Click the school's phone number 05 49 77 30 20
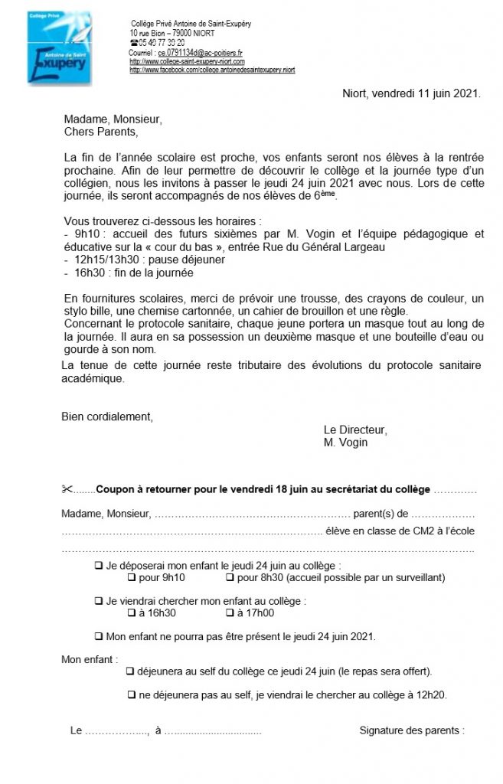pyautogui.click(x=156, y=43)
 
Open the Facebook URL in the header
pyautogui.click(x=212, y=70)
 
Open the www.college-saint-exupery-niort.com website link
pyautogui.click(x=187, y=61)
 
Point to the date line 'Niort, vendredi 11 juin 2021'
pyautogui.click(x=411, y=94)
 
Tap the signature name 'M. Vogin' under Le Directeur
pyautogui.click(x=346, y=443)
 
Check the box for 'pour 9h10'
pyautogui.click(x=131, y=577)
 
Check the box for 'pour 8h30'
pyautogui.click(x=230, y=577)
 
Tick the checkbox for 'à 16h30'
pyautogui.click(x=131, y=613)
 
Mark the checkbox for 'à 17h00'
pyautogui.click(x=230, y=613)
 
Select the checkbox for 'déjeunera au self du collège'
pyautogui.click(x=129, y=671)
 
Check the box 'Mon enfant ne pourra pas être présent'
pyautogui.click(x=98, y=636)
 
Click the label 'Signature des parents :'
pyautogui.click(x=412, y=730)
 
